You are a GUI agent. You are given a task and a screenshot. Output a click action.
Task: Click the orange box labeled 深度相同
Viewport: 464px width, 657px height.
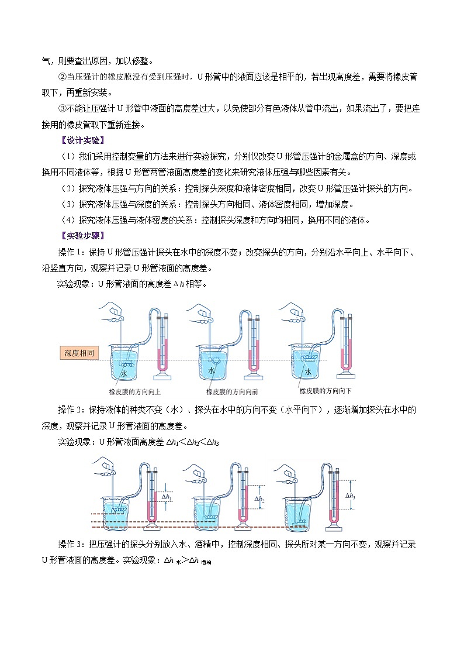point(79,353)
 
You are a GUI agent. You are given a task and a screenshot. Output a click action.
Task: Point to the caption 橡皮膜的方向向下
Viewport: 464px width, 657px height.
point(325,390)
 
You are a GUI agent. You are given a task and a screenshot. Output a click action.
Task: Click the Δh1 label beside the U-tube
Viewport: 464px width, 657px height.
point(167,497)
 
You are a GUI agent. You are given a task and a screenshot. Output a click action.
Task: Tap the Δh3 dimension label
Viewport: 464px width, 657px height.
point(350,496)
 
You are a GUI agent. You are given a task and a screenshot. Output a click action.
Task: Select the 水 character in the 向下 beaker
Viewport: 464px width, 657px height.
point(308,372)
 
